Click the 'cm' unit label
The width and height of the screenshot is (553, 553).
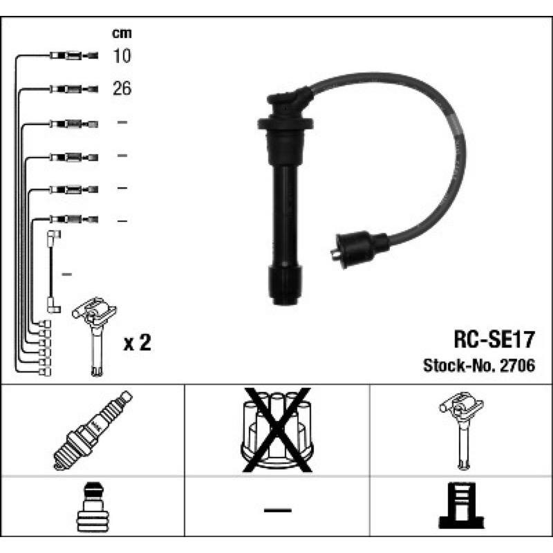(122, 33)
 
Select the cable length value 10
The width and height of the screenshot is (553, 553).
(122, 56)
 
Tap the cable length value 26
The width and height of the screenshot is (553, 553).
(122, 88)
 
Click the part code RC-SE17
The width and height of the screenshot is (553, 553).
(494, 339)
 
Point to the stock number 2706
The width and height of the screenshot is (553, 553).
(518, 366)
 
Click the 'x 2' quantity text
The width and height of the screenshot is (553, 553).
(137, 342)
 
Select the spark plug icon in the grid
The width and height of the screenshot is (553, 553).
(93, 430)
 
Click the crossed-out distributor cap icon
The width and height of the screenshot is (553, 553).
(277, 430)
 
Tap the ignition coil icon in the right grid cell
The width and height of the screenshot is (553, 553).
(462, 430)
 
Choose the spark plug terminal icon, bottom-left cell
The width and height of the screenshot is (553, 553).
(93, 507)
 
